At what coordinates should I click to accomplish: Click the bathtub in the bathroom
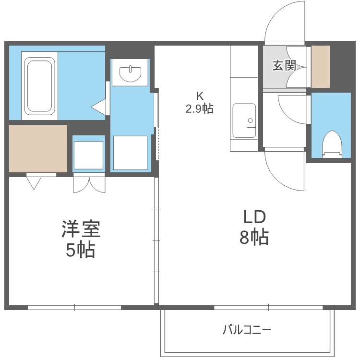click(39, 85)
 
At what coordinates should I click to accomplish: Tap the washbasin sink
click(130, 73)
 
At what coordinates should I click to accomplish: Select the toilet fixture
click(331, 144)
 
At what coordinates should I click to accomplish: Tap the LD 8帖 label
click(254, 228)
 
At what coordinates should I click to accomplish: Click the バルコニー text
click(247, 330)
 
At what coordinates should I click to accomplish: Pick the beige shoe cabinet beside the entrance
click(321, 67)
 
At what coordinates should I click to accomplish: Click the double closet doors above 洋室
click(89, 184)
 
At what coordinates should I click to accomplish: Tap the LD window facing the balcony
click(269, 307)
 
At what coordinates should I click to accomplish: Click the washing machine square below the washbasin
click(130, 152)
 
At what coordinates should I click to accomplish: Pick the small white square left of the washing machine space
click(88, 155)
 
